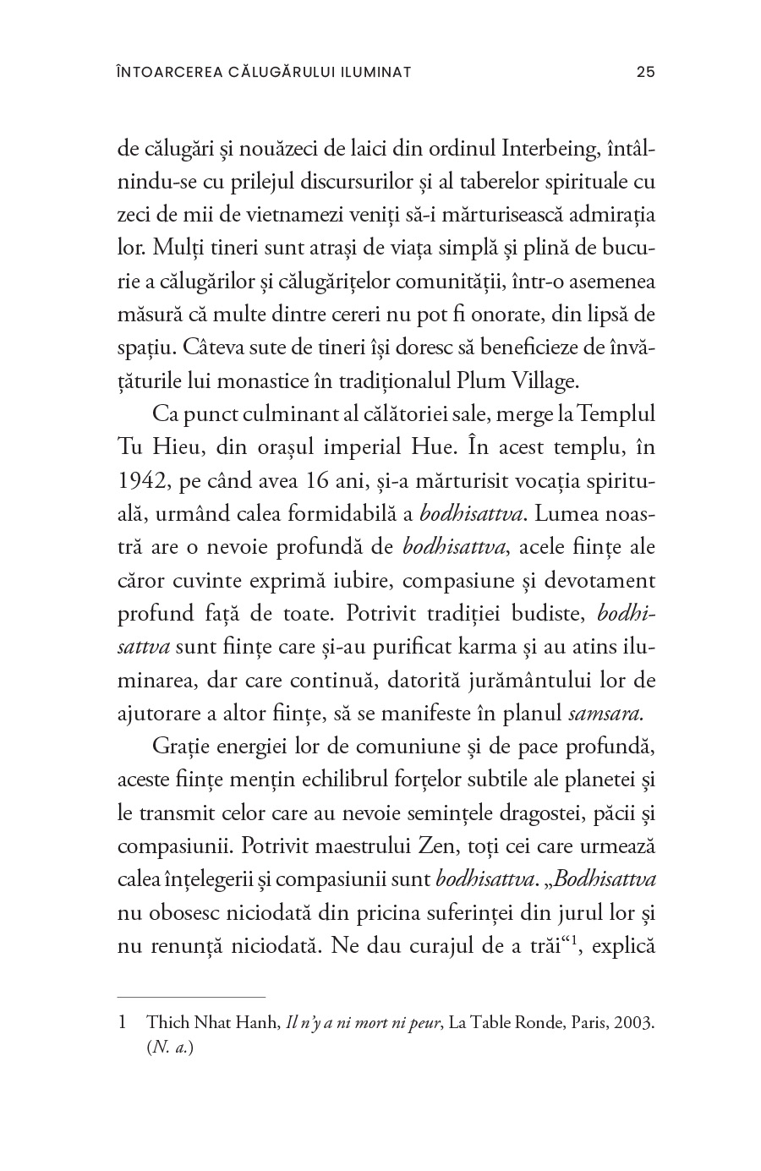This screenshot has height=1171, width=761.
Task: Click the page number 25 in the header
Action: [x=645, y=72]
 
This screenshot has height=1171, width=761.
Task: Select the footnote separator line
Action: [x=191, y=997]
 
